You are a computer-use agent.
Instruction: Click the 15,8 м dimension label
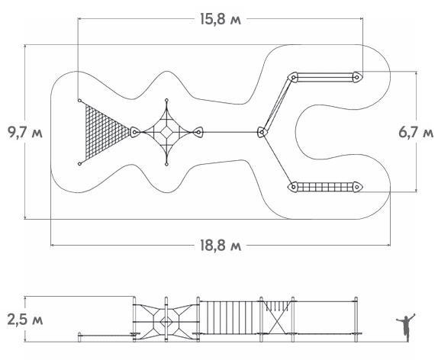[x=221, y=19]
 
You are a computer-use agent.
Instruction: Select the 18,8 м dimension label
[x=221, y=246]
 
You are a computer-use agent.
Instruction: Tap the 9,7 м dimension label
[x=25, y=132]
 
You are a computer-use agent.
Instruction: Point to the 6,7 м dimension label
[x=416, y=132]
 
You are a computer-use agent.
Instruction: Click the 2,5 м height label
[x=25, y=320]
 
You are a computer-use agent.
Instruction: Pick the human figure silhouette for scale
[x=406, y=327]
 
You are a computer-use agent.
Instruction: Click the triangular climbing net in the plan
[x=105, y=132]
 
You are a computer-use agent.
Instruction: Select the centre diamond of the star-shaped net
[x=167, y=132]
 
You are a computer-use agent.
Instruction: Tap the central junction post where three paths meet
[x=262, y=132]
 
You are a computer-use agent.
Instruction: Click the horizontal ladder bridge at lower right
[x=325, y=187]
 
